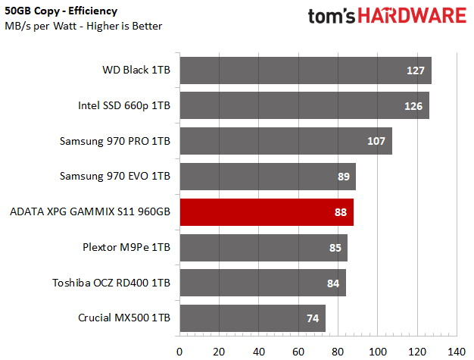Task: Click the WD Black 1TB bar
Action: [303, 70]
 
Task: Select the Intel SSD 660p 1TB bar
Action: [303, 105]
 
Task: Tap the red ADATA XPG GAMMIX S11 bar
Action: [265, 211]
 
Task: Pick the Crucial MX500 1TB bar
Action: [250, 318]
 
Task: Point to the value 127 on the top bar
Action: [415, 70]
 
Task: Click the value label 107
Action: [376, 141]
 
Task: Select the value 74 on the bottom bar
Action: [313, 318]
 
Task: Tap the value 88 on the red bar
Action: [340, 211]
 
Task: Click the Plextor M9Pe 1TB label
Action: [126, 247]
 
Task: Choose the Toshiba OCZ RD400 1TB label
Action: [111, 283]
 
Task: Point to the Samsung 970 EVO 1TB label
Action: [115, 177]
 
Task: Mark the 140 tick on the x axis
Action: [456, 351]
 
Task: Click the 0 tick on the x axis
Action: [179, 351]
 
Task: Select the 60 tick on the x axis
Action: [298, 351]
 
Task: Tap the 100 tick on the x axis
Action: [377, 351]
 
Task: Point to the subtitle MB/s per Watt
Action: [52, 27]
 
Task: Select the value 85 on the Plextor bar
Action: [334, 247]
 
